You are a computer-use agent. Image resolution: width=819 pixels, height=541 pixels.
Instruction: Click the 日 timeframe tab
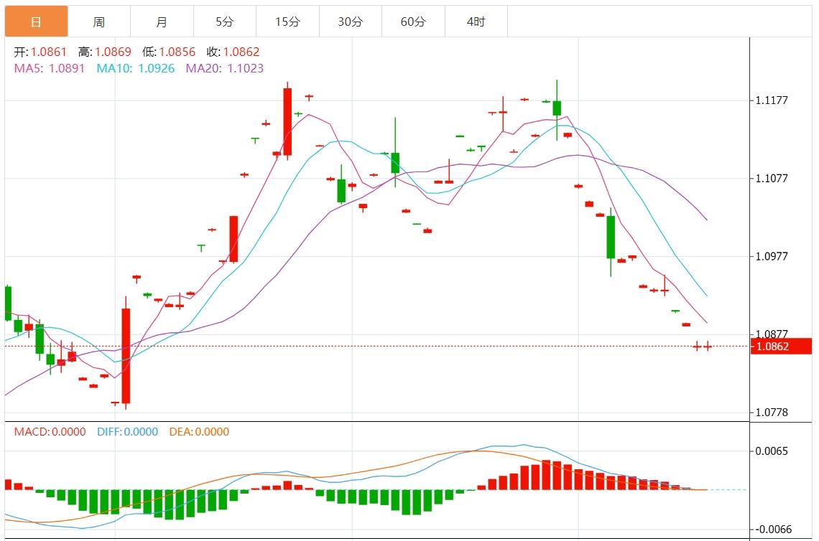(x=36, y=22)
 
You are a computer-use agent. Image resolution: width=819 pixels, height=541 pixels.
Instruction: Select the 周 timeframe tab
(x=99, y=22)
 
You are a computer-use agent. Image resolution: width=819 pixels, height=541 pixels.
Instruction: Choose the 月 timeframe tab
(x=162, y=22)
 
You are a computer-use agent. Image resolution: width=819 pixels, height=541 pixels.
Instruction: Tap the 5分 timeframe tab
(x=225, y=22)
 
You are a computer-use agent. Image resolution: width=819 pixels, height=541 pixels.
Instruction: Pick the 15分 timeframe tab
(x=287, y=22)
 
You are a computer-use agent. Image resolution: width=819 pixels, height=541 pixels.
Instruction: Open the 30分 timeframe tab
(x=351, y=22)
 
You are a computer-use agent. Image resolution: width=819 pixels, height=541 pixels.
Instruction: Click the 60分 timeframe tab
(x=413, y=22)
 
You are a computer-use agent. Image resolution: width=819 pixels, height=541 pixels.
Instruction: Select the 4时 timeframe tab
(x=476, y=22)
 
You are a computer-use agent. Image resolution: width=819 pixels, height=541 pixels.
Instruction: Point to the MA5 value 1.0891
(x=67, y=68)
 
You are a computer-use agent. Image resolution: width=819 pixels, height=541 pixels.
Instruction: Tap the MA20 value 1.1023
(x=245, y=68)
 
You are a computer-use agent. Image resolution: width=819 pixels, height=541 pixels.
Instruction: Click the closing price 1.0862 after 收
(x=241, y=52)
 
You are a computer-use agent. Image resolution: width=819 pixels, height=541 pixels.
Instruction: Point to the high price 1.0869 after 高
(x=114, y=52)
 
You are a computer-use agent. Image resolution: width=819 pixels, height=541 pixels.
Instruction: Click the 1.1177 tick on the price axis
(x=772, y=100)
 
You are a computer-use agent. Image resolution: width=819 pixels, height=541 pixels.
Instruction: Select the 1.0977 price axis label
(x=772, y=256)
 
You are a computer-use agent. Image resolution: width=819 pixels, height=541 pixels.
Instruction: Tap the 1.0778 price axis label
(x=772, y=413)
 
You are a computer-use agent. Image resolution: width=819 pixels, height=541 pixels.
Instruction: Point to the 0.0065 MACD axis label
(x=772, y=451)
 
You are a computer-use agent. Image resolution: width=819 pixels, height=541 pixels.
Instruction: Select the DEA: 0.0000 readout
(x=199, y=432)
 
